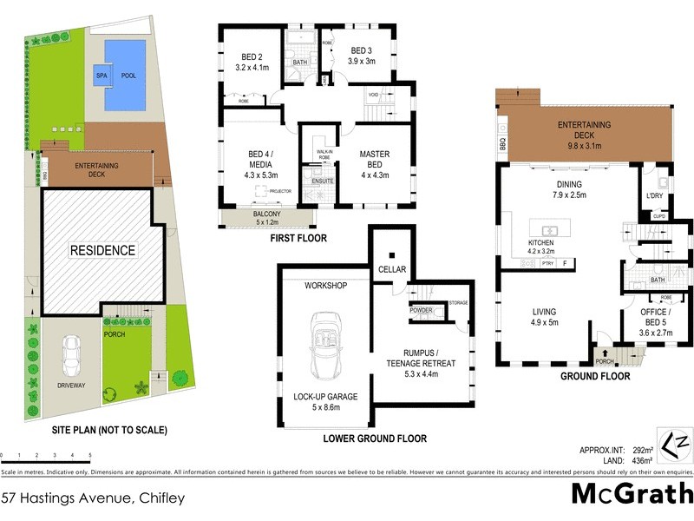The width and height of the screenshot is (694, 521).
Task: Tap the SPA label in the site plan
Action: coord(101,76)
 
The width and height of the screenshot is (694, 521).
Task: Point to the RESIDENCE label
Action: coord(103,251)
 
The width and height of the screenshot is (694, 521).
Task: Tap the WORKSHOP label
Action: coord(325,286)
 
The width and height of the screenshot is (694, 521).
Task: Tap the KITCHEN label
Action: coord(541,242)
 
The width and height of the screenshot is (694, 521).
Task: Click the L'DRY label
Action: coord(655,195)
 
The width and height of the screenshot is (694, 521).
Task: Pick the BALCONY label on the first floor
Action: coord(266,213)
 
